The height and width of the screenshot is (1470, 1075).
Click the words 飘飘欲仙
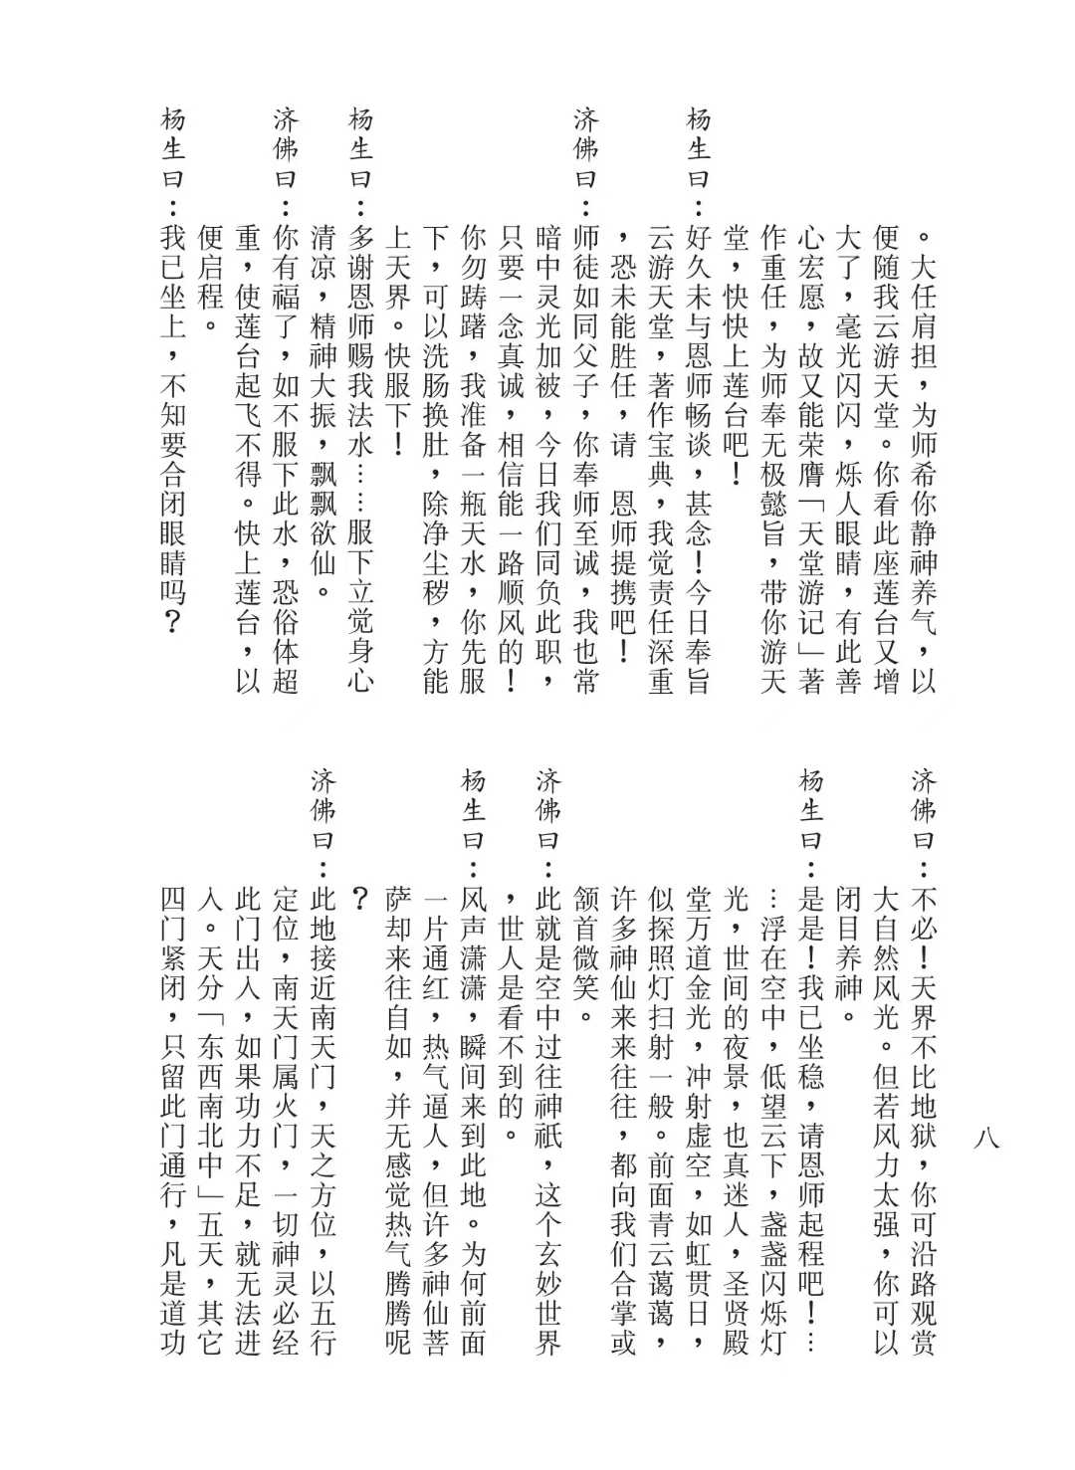[x=323, y=532]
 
